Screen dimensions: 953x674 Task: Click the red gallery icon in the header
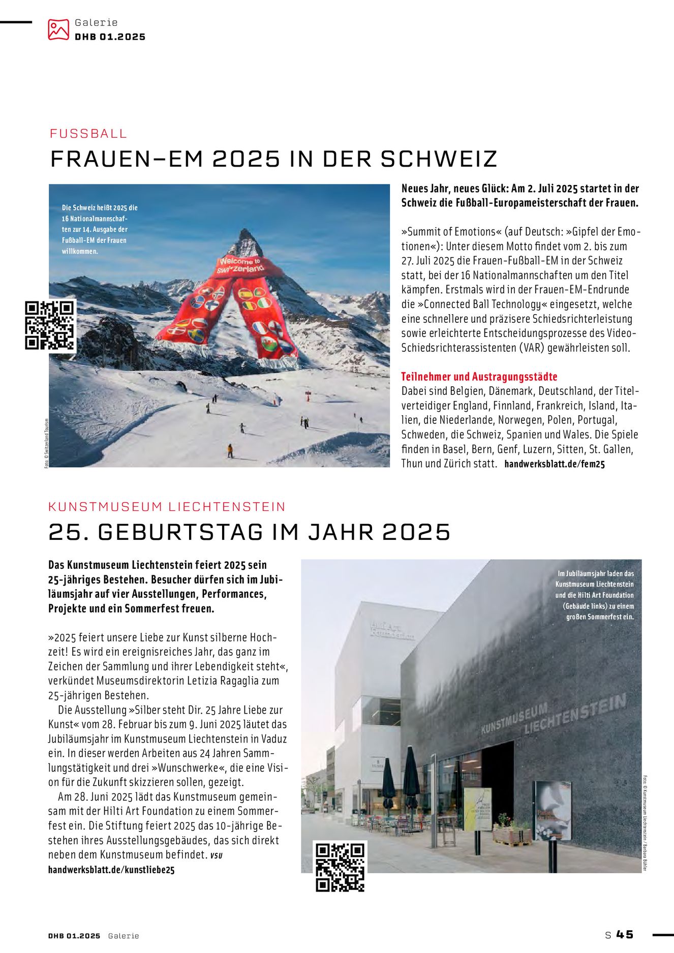pos(58,29)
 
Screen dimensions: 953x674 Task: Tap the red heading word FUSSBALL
pos(88,134)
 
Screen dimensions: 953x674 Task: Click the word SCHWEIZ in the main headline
pos(439,159)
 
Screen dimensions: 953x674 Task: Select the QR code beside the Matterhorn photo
pos(50,325)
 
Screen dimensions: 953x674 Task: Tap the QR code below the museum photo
pos(340,867)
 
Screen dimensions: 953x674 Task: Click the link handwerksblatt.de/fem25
pos(555,464)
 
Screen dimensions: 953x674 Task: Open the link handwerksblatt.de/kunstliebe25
pos(111,870)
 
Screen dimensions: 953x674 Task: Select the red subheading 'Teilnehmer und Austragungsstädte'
pos(479,377)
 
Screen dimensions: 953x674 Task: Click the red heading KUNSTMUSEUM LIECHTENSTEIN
pos(167,507)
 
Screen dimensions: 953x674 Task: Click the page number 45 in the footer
pos(625,935)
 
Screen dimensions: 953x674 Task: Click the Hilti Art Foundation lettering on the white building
pos(392,631)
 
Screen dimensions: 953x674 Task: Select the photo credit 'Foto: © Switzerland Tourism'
pos(46,442)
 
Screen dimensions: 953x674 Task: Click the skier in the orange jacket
pos(230,450)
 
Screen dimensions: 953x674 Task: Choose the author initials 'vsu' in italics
pos(216,855)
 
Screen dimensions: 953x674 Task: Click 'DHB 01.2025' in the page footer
pos(74,936)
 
